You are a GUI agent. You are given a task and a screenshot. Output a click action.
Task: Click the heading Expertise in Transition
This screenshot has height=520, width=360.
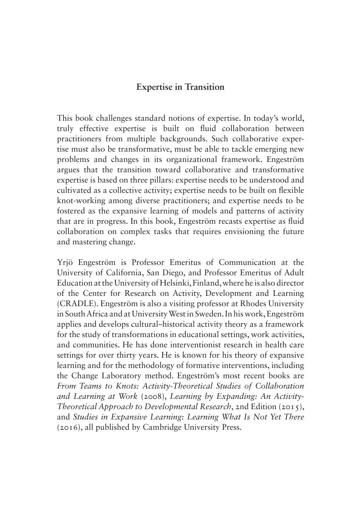click(x=180, y=87)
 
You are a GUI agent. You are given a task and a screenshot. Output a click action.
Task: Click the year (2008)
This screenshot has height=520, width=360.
click(x=154, y=396)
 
